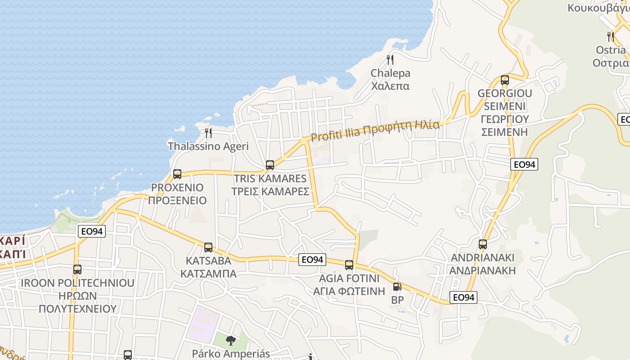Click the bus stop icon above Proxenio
[177, 174]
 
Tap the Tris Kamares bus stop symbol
[270, 165]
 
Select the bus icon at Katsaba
[208, 247]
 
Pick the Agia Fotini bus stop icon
[349, 265]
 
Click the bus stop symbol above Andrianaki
[483, 244]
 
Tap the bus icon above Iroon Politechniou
[77, 270]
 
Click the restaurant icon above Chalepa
[390, 60]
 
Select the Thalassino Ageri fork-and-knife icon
[208, 133]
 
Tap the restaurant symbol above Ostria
[611, 36]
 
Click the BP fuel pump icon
[397, 286]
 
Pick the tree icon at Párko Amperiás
[231, 341]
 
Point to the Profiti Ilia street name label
[375, 128]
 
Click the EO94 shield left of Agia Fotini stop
[312, 260]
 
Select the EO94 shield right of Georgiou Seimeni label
[525, 165]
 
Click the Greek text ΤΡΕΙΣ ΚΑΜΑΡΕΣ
[270, 191]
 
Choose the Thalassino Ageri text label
[208, 146]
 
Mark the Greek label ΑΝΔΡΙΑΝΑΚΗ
[483, 270]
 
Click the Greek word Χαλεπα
[391, 85]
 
